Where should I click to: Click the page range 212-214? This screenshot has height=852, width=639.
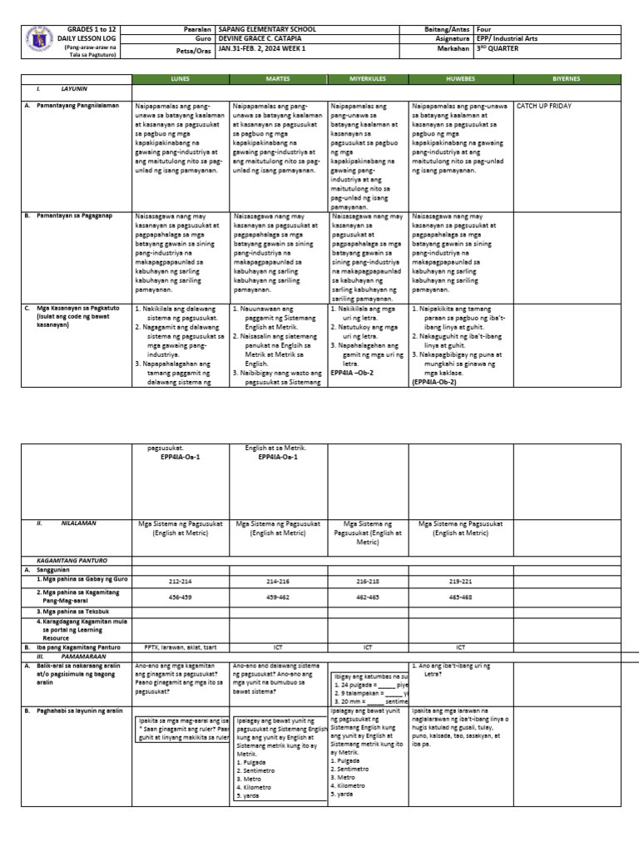coord(180,581)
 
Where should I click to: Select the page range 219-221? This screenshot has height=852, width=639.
coord(460,581)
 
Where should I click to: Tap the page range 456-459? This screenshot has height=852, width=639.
coord(180,597)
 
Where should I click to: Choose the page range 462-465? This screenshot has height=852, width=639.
coord(367,597)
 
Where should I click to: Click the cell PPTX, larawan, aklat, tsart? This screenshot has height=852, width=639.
coord(180,646)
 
